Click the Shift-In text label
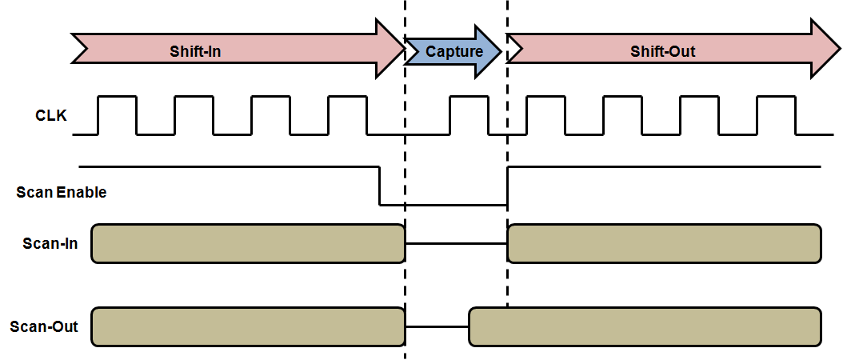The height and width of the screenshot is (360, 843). coord(195,52)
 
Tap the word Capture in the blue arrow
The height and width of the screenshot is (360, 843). coord(453,52)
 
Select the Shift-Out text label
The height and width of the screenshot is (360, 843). coord(663,52)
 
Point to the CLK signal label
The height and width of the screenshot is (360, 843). coord(51,116)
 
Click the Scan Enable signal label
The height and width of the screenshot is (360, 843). coord(62,192)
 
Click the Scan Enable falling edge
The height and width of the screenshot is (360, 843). coord(379,186)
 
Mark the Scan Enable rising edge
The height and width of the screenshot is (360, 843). coord(507,186)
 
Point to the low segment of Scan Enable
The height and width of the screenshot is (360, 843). coord(443,205)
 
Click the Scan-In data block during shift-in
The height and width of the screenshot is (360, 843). coord(248,243)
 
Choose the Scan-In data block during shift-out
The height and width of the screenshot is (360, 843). coord(665,243)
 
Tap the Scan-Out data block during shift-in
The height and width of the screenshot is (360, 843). coord(248,326)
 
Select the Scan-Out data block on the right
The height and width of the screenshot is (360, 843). coord(645,326)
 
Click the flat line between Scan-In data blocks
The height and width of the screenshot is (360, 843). coord(457,243)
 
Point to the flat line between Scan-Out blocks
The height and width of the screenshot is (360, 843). coord(437,326)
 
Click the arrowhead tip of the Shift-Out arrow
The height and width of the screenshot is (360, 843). coord(836,49)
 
